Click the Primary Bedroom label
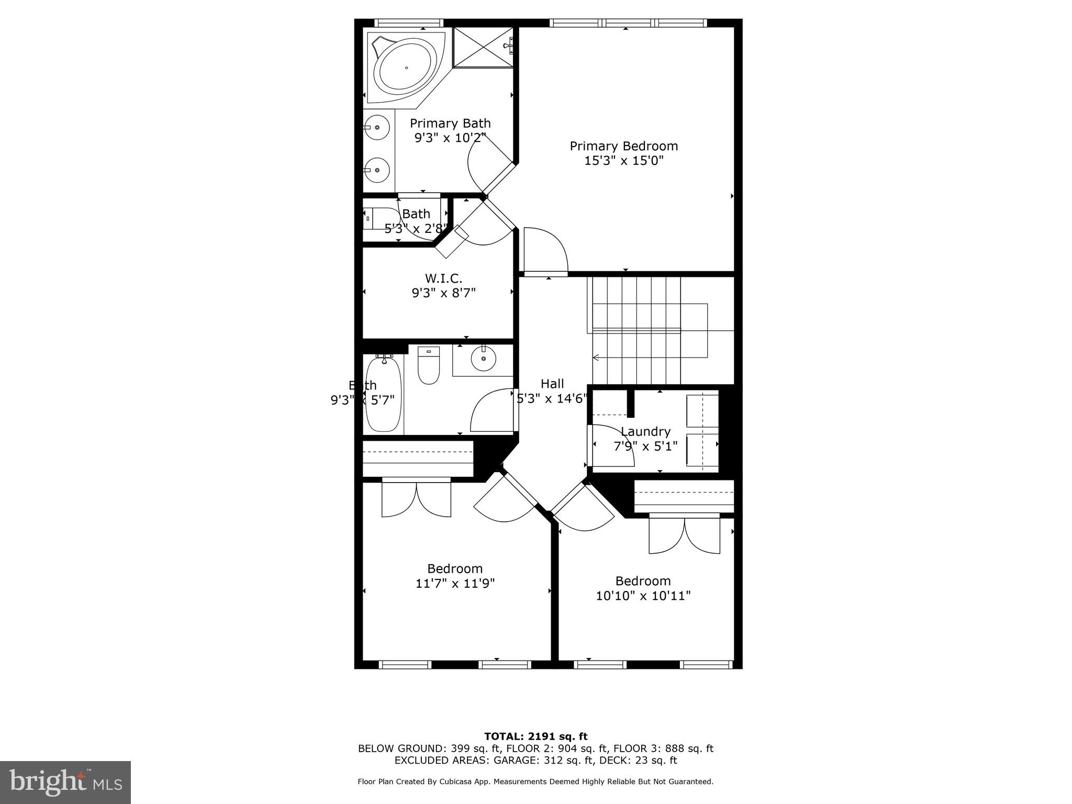coord(623,146)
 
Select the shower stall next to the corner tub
coord(483,47)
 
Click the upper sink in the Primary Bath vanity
coord(377,127)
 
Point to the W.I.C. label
coord(443,278)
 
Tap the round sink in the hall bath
coord(483,359)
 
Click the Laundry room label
coord(645,431)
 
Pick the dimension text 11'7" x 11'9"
coord(455,583)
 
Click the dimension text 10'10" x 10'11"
coord(643,595)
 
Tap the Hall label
coord(552,384)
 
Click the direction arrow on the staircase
coord(596,358)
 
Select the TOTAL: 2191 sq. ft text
coord(535,736)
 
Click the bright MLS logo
coord(65,783)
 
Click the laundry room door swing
coord(610,445)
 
